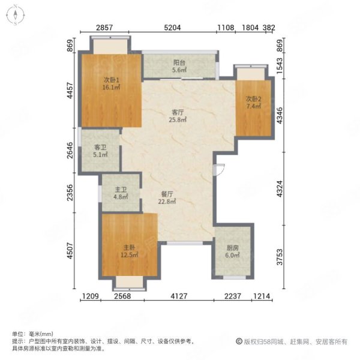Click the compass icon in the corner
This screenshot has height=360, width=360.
(x=16, y=16)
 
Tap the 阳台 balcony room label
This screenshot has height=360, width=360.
(x=179, y=62)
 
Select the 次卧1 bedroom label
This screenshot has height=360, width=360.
(x=112, y=80)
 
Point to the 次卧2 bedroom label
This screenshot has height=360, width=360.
(x=253, y=99)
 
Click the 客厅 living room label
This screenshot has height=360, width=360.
(x=178, y=113)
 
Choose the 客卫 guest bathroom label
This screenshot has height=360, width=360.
(x=100, y=148)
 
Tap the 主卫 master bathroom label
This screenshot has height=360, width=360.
(x=121, y=190)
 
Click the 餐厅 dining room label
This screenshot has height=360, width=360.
(x=167, y=194)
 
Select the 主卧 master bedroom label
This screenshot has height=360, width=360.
(x=129, y=247)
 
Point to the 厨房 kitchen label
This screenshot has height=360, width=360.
(x=233, y=248)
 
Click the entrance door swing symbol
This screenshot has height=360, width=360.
(x=218, y=170)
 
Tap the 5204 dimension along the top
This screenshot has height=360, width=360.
(x=172, y=28)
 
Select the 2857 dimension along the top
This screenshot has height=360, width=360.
(x=104, y=28)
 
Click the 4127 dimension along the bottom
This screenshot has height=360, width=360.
(x=179, y=296)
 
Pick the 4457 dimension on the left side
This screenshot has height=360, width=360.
(x=70, y=91)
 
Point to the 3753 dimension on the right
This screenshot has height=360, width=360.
(x=280, y=257)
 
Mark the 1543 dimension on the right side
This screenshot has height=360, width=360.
(x=280, y=66)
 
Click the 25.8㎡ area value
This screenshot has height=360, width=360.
(x=178, y=119)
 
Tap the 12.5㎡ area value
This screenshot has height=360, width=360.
(x=129, y=254)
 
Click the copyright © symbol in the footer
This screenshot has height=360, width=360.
(x=239, y=341)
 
